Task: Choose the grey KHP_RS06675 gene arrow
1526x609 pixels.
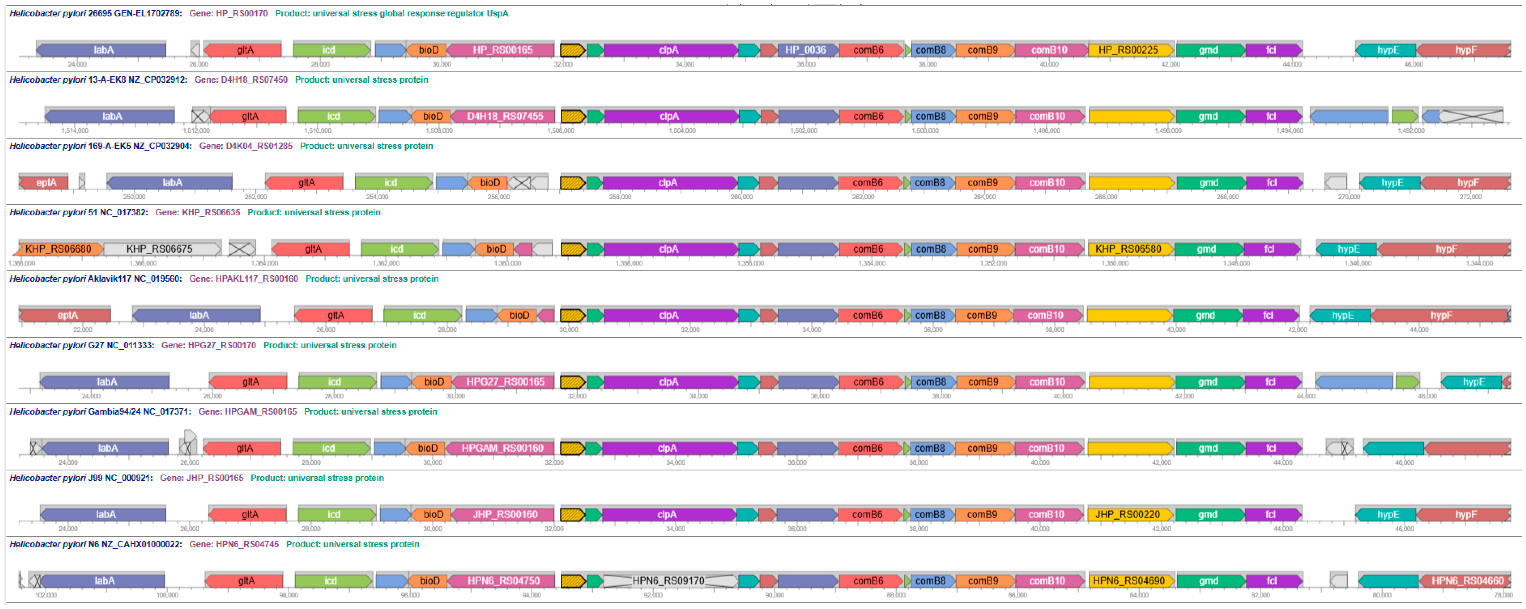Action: pyautogui.click(x=160, y=248)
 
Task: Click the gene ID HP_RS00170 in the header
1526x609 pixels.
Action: pyautogui.click(x=242, y=13)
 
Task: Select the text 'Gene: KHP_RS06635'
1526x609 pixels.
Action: pyautogui.click(x=197, y=212)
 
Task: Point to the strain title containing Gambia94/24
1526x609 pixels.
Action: pyautogui.click(x=99, y=411)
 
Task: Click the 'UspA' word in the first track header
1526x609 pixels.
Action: pyautogui.click(x=498, y=13)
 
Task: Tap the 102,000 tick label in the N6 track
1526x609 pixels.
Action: pyautogui.click(x=46, y=595)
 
